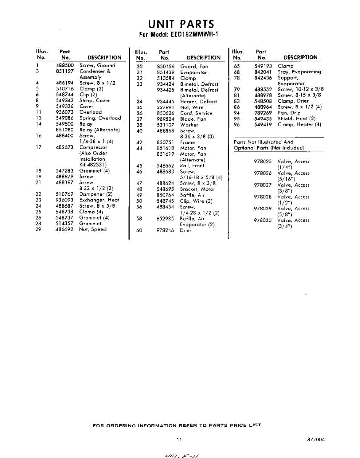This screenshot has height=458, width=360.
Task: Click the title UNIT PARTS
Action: click(x=181, y=24)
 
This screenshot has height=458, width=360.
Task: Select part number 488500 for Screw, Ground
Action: click(x=64, y=65)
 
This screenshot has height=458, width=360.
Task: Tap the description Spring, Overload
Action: click(x=100, y=118)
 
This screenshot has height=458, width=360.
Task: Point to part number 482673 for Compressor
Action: click(x=64, y=147)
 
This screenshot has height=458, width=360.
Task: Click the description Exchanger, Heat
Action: click(x=99, y=200)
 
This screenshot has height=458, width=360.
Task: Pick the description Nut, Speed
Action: click(x=93, y=229)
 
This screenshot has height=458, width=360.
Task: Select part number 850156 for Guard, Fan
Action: click(x=166, y=66)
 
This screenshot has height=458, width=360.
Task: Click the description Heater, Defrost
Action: click(x=198, y=102)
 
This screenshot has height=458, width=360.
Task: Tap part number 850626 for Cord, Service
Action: click(x=166, y=113)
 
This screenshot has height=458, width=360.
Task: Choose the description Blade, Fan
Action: click(x=193, y=119)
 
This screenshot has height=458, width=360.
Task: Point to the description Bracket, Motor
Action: click(x=198, y=189)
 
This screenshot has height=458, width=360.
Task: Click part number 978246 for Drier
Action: click(x=166, y=231)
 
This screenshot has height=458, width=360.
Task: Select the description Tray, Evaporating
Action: click(x=299, y=72)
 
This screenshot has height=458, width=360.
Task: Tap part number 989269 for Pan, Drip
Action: click(x=263, y=113)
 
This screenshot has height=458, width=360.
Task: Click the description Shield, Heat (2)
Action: click(x=296, y=119)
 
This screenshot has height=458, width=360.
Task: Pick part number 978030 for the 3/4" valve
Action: click(x=263, y=220)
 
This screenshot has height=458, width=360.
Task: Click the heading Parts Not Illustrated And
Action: click(x=263, y=142)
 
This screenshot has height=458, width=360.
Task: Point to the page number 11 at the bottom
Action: click(x=179, y=440)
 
